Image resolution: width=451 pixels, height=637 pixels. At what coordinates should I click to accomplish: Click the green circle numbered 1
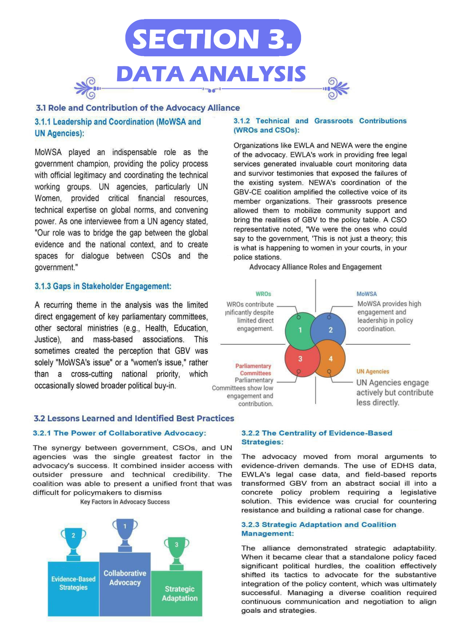coord(300,330)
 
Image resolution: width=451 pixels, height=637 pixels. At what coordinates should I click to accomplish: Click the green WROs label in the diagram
coord(263,294)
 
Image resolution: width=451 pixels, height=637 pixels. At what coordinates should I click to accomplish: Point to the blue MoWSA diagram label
coord(366,294)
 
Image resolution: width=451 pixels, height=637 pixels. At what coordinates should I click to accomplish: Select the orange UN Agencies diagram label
coord(373,371)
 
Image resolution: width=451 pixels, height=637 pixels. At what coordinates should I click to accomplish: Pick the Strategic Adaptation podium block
coord(177,593)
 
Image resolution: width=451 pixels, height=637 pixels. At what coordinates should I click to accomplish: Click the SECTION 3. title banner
coord(213,38)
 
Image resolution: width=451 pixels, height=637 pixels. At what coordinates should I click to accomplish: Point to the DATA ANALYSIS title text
coord(211,74)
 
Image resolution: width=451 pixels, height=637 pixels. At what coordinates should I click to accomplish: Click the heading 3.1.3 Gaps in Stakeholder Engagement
coord(103,286)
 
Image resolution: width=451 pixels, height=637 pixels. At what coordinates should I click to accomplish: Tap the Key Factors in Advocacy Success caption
coord(125,502)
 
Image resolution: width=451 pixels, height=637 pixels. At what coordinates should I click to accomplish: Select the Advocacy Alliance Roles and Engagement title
coord(315,267)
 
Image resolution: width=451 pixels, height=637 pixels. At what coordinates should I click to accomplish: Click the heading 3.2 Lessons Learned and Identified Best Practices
coord(134,418)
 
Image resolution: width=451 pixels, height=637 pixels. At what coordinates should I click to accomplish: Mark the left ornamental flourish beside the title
coord(87,88)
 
